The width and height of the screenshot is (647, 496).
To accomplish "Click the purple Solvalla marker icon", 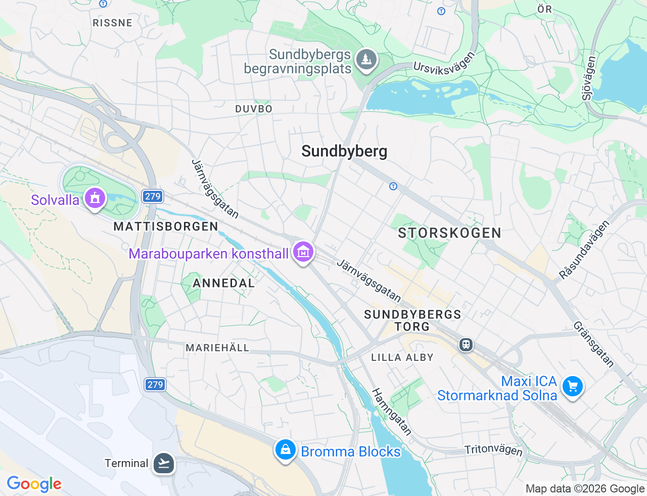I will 95,198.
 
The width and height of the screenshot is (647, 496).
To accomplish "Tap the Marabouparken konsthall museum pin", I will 303,251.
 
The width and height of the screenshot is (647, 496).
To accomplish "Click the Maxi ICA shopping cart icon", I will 572,387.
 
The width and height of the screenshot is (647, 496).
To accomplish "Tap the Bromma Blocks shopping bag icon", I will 285,449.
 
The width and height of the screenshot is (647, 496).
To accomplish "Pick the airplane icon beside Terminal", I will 164,463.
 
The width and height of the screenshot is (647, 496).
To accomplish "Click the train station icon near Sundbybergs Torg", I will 466,345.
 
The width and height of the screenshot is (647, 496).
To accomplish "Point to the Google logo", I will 34,484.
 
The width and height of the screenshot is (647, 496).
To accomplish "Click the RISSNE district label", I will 113,23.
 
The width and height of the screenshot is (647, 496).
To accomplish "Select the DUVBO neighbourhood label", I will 254,109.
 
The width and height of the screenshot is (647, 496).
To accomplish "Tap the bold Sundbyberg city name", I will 344,151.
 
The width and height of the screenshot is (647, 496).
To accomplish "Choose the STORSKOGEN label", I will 449,233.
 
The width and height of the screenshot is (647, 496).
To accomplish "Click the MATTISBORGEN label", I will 166,226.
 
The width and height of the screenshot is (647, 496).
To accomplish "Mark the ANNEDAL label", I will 224,283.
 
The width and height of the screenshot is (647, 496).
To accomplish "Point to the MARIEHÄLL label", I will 217,348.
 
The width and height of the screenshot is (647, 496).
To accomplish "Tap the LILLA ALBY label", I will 402,357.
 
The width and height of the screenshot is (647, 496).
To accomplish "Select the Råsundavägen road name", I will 584,250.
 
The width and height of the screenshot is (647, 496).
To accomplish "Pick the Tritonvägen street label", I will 493,449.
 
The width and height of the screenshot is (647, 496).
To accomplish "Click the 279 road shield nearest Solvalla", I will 152,196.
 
